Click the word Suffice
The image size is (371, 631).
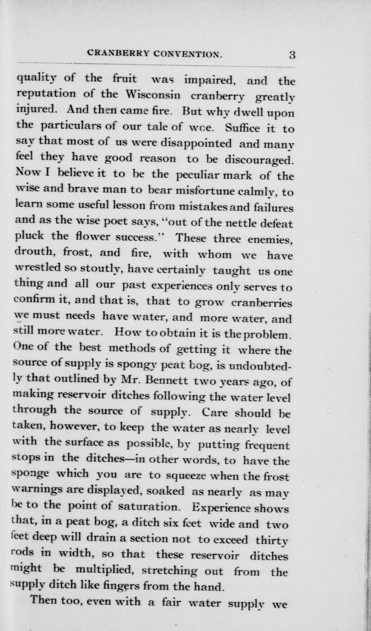pyautogui.click(x=242, y=128)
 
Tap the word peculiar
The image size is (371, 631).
pyautogui.click(x=197, y=175)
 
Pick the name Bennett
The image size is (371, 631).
pyautogui.click(x=167, y=380)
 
